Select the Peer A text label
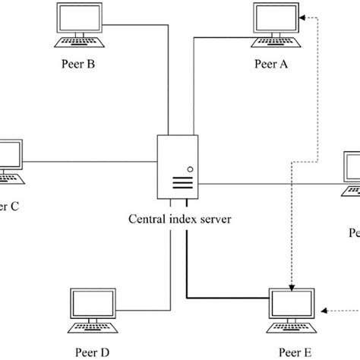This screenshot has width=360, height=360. click(x=271, y=65)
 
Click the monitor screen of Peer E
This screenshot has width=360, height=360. click(x=292, y=305)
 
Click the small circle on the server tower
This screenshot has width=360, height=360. click(x=190, y=169)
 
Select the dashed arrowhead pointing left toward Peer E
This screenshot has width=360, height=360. click(x=325, y=309)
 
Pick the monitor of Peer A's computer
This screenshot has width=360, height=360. click(x=276, y=20)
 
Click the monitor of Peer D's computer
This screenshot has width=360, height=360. click(x=91, y=305)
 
